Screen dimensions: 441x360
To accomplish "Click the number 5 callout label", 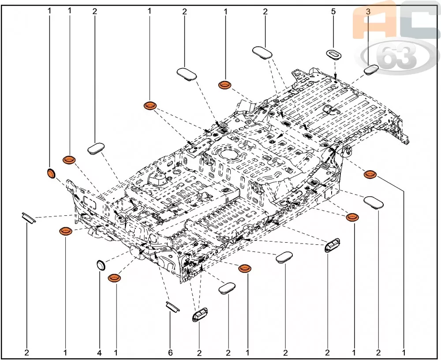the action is (x=333, y=11).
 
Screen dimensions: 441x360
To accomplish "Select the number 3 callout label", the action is (x=368, y=11).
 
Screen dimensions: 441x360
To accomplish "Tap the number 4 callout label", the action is (x=99, y=352).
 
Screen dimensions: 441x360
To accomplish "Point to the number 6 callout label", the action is (x=170, y=352).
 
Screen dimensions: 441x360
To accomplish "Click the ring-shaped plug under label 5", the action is (x=333, y=54).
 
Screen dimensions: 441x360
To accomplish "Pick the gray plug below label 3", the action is (x=371, y=69).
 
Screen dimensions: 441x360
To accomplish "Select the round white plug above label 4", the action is (x=101, y=266).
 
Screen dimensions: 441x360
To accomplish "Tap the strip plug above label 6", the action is (x=172, y=307).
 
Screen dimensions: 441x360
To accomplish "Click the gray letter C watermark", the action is (x=419, y=20).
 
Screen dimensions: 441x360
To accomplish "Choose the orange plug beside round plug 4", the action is (x=115, y=277).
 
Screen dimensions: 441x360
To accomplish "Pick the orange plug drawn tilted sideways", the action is (x=51, y=173).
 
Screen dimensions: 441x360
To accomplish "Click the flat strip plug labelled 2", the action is (x=29, y=218).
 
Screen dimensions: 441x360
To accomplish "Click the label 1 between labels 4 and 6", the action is (x=116, y=352).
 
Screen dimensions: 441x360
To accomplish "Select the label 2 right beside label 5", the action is (x=265, y=11).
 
